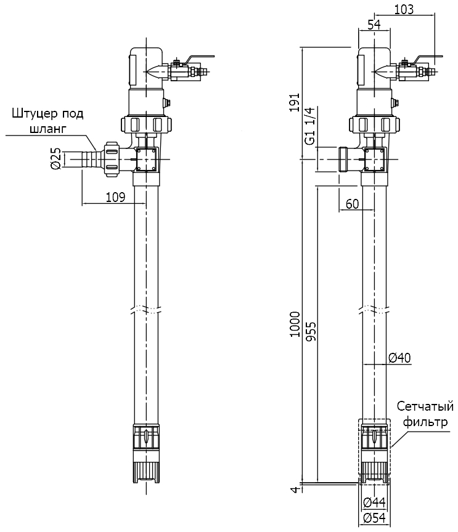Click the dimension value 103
point(403,9)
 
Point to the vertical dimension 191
point(295,102)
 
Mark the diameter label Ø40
point(399,358)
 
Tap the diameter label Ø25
point(55,159)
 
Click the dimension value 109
point(115,197)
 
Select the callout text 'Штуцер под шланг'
point(47,121)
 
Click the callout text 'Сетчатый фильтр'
point(425,414)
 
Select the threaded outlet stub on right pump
point(346,159)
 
